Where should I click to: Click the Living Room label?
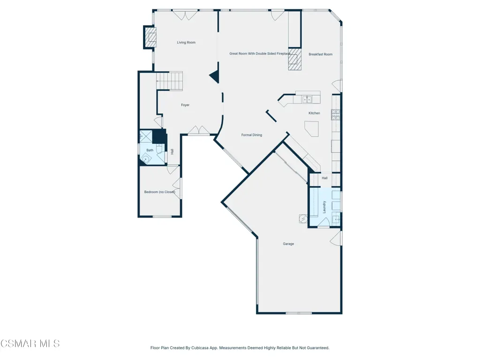pos(186,43)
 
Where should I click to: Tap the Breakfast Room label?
pos(321,54)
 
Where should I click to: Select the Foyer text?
pos(185,105)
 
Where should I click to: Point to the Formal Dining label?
pos(252,135)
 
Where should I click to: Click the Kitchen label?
pos(315,113)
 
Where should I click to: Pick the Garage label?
pos(288,244)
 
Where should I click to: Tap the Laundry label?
pos(324,207)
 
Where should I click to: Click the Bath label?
pos(150,150)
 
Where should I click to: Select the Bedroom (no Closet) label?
pos(160,192)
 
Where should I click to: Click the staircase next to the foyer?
pos(170,81)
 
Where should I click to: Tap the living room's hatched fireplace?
pos(150,37)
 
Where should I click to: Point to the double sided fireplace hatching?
pos(295,59)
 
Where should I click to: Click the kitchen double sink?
pos(307,99)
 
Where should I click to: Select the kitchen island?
pos(312,128)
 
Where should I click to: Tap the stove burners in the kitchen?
pos(336,114)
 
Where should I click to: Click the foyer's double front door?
pos(199,130)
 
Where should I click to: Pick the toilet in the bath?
pos(159,149)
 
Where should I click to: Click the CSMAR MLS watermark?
pos(30,344)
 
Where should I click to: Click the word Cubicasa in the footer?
pos(198,348)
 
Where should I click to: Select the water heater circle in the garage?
pos(303,218)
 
